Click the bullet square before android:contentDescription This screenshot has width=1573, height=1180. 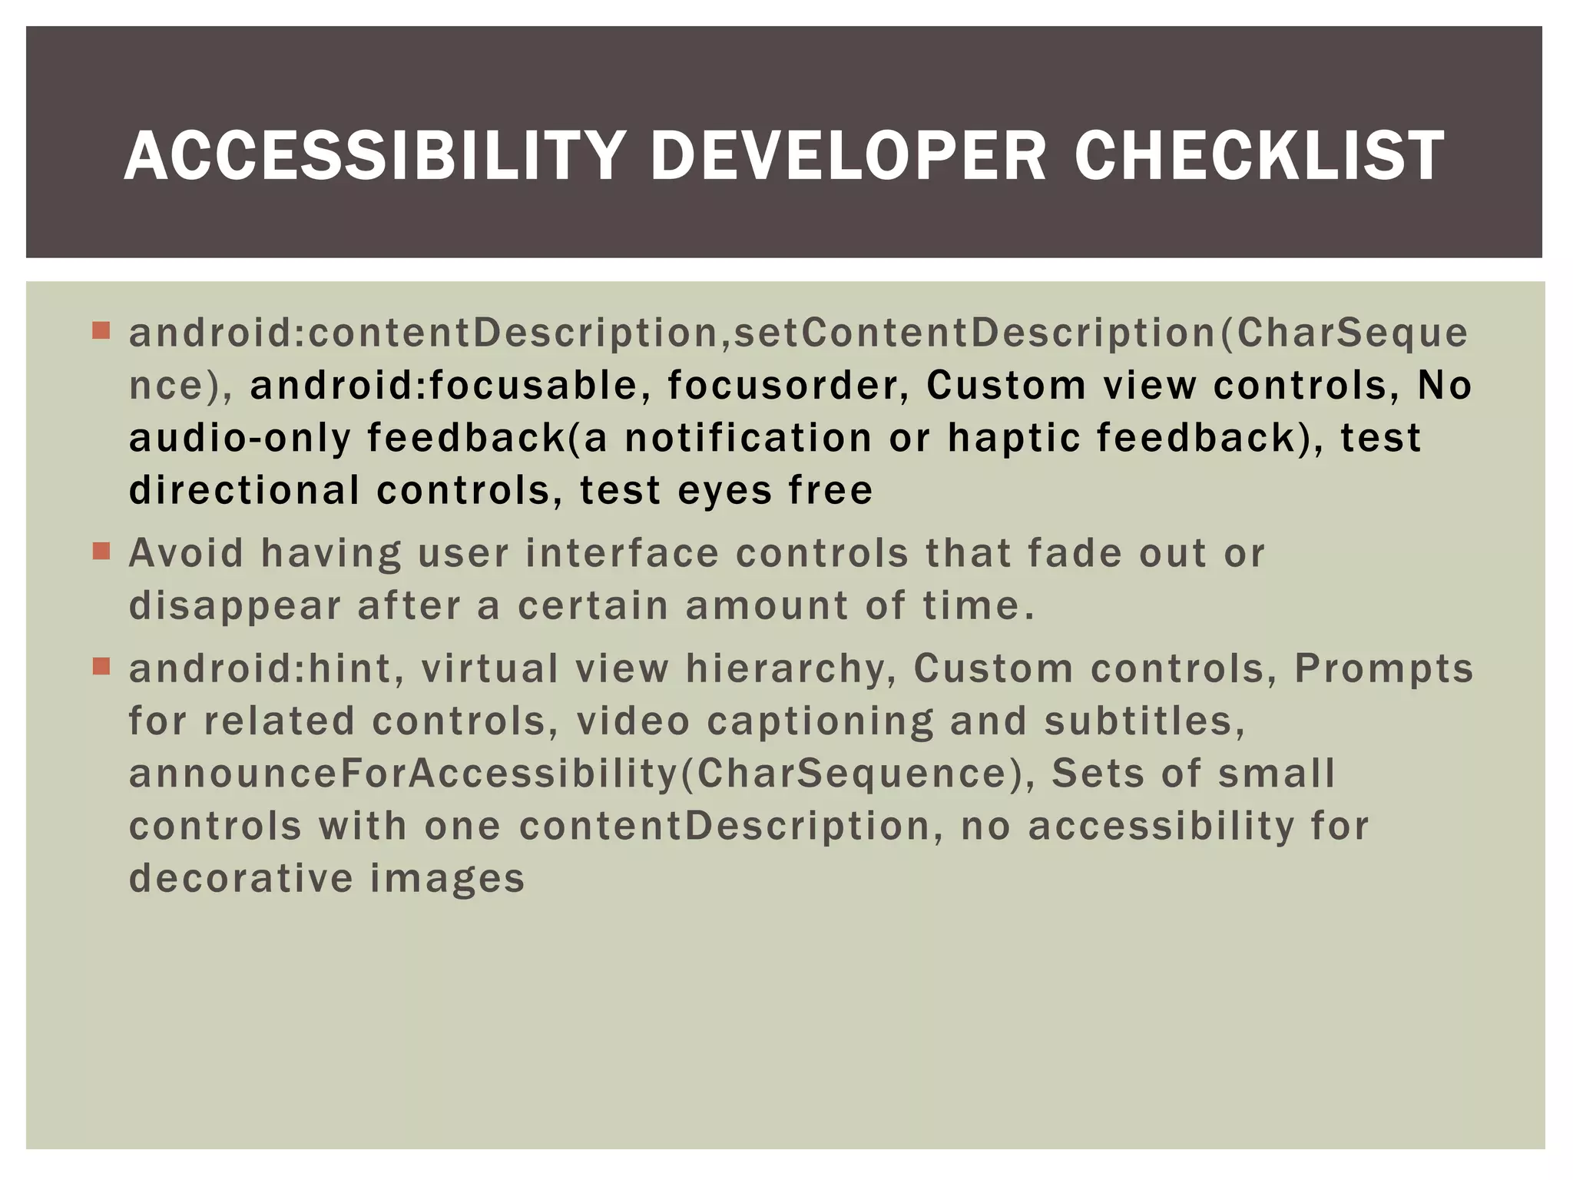101,331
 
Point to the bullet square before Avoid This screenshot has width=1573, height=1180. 101,552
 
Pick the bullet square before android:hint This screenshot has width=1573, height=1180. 101,666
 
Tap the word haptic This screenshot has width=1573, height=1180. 1011,438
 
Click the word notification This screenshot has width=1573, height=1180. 748,438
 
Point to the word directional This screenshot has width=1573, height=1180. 243,490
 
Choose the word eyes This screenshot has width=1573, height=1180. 724,492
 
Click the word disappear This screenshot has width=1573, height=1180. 234,607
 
